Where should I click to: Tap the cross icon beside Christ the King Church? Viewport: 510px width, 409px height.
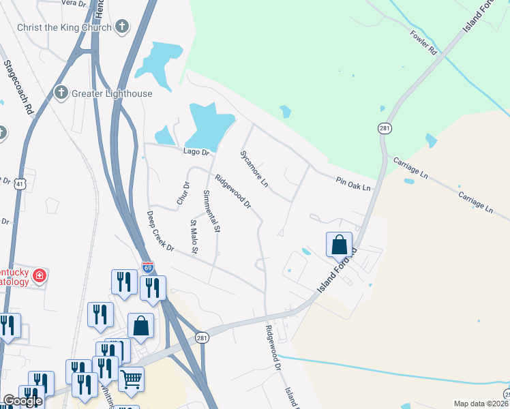(122, 27)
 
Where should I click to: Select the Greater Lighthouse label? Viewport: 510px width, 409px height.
(112, 93)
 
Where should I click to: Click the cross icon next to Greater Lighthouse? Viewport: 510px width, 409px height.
(61, 93)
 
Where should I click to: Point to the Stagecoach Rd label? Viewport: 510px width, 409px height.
(18, 87)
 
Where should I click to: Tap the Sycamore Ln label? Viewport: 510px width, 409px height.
(254, 168)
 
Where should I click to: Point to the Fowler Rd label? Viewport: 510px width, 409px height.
(423, 42)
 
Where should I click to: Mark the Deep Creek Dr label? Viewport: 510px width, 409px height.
(161, 231)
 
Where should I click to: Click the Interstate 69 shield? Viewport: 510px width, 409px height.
(147, 267)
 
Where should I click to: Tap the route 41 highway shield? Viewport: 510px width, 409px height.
(20, 183)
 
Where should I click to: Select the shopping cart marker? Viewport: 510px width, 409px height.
(132, 378)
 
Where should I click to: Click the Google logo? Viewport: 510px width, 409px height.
(22, 401)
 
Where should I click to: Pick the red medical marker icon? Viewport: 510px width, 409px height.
(40, 275)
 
